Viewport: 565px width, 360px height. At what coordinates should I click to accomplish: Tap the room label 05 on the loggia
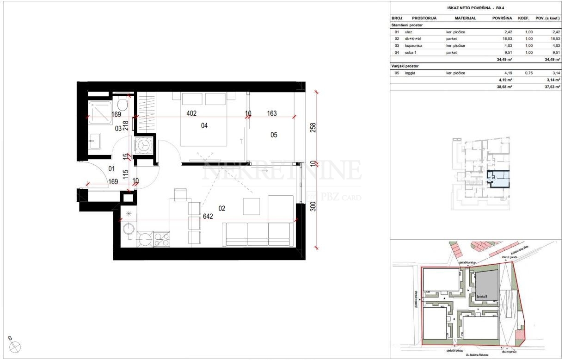pyautogui.click(x=274, y=135)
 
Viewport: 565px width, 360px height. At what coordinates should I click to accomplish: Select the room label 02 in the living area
pyautogui.click(x=222, y=209)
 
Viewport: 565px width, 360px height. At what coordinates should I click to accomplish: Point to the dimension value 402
pyautogui.click(x=191, y=112)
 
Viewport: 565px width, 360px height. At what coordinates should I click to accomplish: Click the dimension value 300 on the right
pyautogui.click(x=313, y=207)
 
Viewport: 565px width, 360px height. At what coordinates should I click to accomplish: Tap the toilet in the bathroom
pyautogui.click(x=123, y=103)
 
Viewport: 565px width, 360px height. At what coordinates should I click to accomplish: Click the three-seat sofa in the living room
pyautogui.click(x=258, y=235)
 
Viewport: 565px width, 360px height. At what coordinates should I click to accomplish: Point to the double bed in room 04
pyautogui.click(x=203, y=120)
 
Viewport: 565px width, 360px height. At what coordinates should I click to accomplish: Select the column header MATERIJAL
pyautogui.click(x=465, y=19)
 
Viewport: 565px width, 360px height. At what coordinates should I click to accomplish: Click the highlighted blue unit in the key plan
pyautogui.click(x=499, y=180)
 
